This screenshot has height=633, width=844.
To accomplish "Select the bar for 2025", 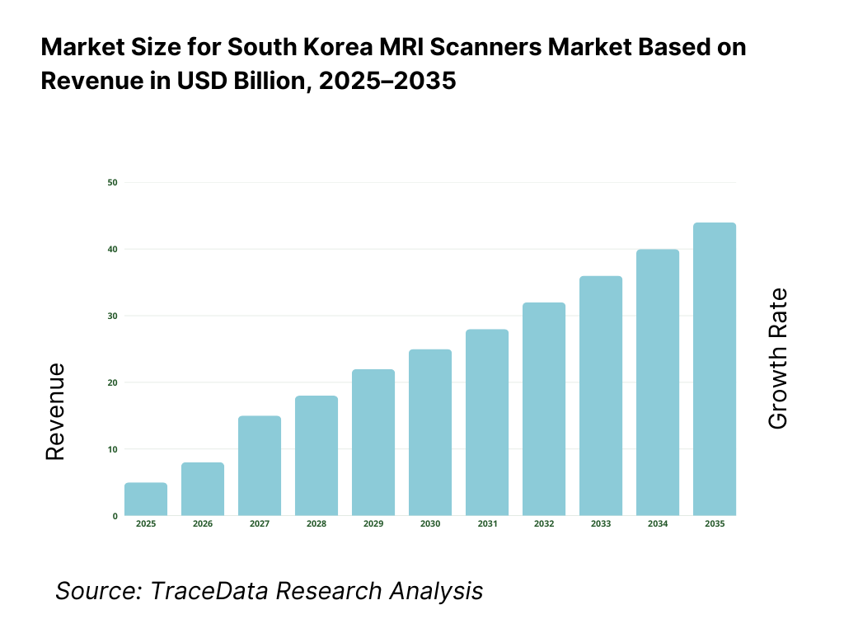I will (x=146, y=499).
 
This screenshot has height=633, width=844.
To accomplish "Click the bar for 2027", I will (x=260, y=466).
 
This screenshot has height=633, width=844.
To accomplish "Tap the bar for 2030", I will (x=430, y=433).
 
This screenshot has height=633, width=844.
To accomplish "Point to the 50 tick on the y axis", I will (x=112, y=182).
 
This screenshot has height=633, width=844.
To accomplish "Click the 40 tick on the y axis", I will (x=112, y=249).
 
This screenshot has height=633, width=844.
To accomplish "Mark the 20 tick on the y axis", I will (x=112, y=382).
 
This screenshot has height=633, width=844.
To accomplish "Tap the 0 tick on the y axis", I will (x=115, y=516).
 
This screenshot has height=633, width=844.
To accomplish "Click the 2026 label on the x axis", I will (x=203, y=524).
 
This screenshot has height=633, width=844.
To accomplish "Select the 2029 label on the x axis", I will (x=373, y=524).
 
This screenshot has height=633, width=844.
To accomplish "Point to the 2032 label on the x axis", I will (x=544, y=524).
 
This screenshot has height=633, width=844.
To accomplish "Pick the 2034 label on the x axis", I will (x=658, y=524).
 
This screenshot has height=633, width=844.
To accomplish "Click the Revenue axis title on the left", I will (x=55, y=411).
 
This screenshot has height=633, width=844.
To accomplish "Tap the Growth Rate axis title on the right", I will (x=777, y=359).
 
